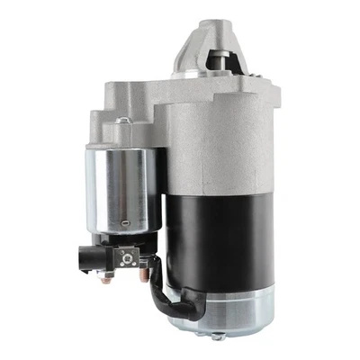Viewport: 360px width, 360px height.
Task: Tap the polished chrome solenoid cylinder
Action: click(117, 189)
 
